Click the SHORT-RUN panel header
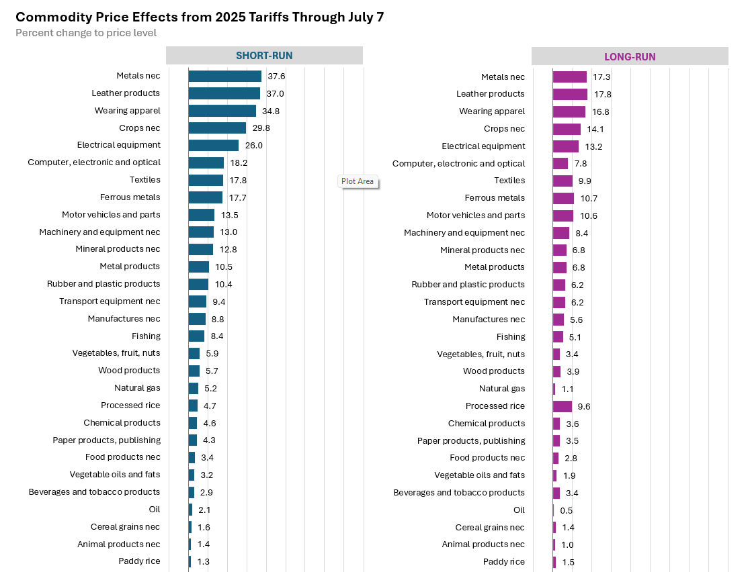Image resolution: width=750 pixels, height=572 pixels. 264,56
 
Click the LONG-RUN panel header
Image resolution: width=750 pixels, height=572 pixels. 630,56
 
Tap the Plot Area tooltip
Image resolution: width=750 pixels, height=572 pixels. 358,181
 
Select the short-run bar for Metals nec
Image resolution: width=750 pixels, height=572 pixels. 224,77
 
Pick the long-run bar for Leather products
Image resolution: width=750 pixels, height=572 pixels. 570,94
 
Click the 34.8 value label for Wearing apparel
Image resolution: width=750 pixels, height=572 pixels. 271,111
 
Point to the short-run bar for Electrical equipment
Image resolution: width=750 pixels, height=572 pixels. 213,145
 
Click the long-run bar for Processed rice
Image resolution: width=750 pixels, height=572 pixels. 562,406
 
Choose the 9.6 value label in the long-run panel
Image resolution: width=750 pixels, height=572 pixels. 584,406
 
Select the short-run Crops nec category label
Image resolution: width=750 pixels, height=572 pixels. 140,128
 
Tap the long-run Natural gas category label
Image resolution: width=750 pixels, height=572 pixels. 502,389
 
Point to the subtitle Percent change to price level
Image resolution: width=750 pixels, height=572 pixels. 86,33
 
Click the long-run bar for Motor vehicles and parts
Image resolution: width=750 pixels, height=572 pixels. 563,216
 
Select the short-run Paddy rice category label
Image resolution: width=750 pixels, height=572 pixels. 139,561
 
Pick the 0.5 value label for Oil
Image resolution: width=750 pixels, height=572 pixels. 567,510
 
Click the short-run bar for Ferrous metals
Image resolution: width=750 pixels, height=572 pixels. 205,197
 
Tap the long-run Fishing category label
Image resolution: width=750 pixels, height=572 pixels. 511,336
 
